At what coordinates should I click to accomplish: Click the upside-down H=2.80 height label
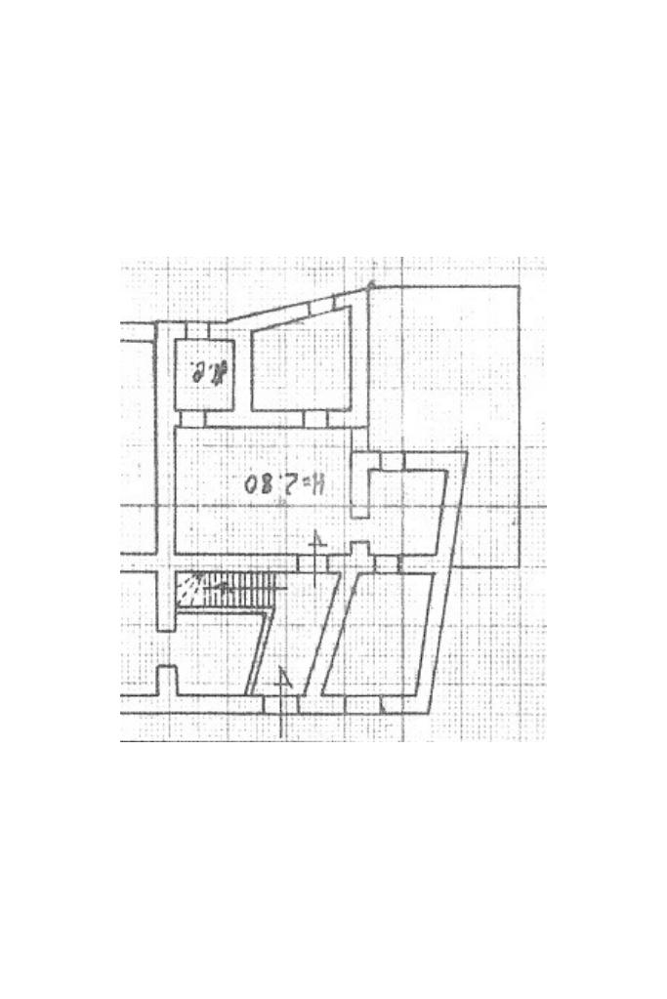click(287, 483)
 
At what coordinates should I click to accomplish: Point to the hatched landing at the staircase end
click(189, 589)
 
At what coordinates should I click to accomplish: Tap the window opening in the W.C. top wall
click(196, 329)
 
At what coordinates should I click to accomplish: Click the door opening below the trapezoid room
click(314, 419)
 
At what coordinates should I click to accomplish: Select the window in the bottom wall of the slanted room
click(363, 704)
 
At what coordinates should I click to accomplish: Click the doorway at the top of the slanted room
click(387, 563)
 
